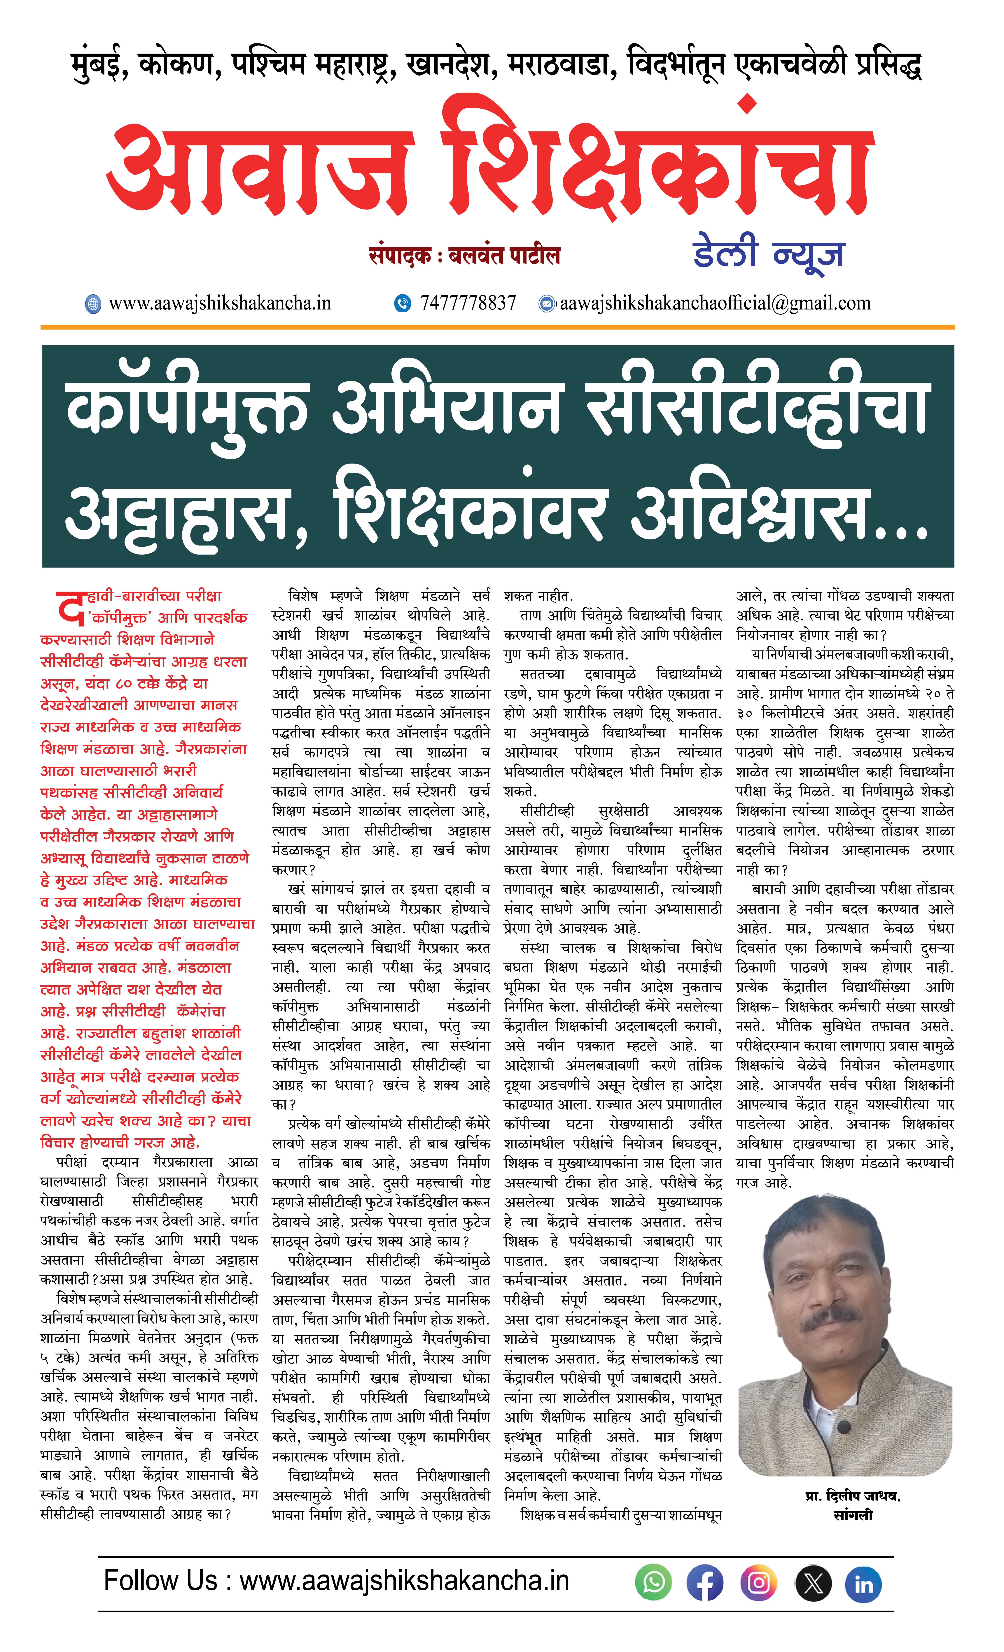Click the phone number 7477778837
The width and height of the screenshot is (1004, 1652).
coord(468,303)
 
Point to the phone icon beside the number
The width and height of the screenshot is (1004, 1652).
coord(402,303)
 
